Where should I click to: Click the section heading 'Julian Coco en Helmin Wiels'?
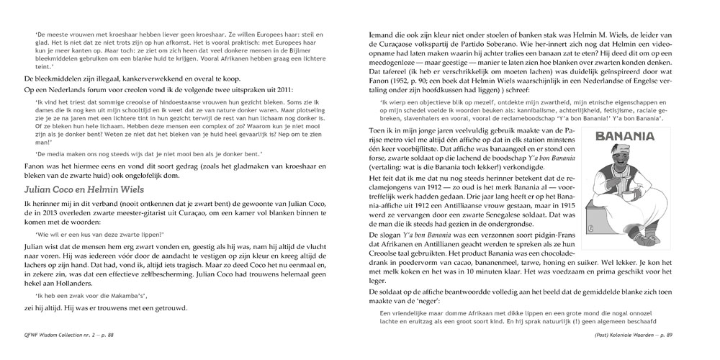[x=84, y=189]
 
